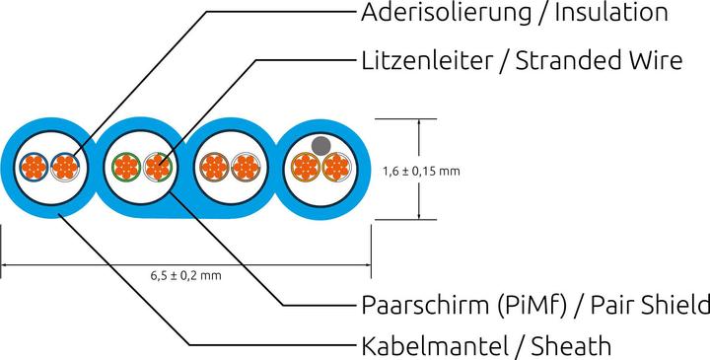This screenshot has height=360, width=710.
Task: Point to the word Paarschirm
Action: click(x=422, y=303)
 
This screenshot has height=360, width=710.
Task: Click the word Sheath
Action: click(x=571, y=346)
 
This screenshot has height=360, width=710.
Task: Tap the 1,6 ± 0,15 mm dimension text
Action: click(x=421, y=171)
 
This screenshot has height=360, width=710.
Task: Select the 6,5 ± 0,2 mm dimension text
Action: click(x=184, y=277)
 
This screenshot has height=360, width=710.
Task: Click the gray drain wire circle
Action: click(x=319, y=145)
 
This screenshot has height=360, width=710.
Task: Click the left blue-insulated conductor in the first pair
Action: click(x=35, y=167)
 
